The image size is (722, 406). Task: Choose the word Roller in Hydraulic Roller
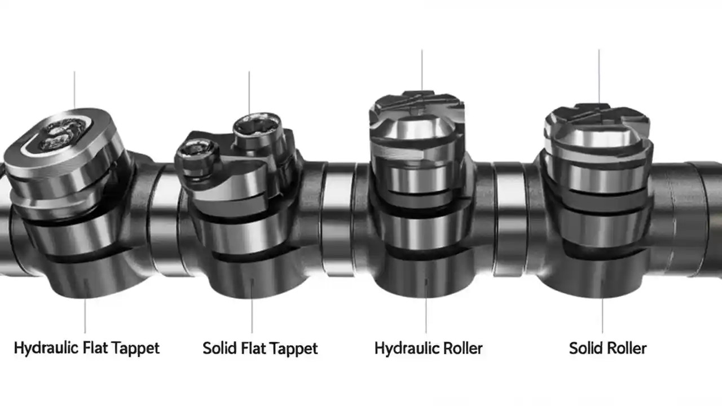tap(461, 348)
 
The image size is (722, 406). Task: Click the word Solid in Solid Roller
tap(585, 348)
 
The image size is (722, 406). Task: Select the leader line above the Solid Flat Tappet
tap(249, 93)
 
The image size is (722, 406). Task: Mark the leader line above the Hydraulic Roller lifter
tap(421, 70)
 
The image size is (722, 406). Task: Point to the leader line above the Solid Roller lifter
tap(598, 76)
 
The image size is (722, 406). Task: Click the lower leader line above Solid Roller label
tap(602, 316)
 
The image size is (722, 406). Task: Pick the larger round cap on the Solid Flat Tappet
tap(257, 125)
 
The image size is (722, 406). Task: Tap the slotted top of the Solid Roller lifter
tap(596, 115)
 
